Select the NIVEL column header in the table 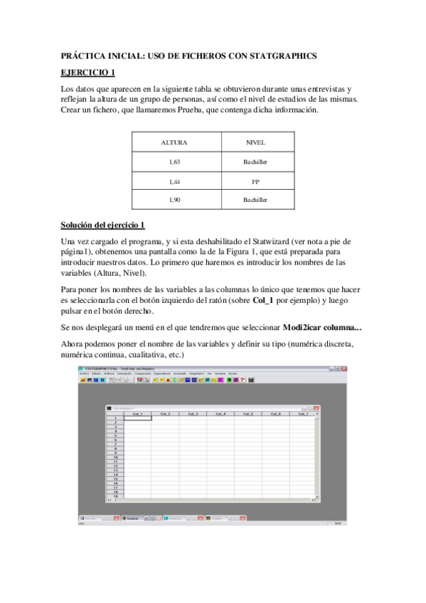[255, 142]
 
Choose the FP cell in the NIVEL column [255, 181]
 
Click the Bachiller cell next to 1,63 [255, 162]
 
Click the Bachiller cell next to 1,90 [255, 200]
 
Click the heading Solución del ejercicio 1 [102, 225]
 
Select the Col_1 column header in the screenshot [137, 414]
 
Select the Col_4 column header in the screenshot [220, 414]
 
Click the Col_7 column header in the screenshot [302, 414]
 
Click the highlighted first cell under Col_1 [137, 418]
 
